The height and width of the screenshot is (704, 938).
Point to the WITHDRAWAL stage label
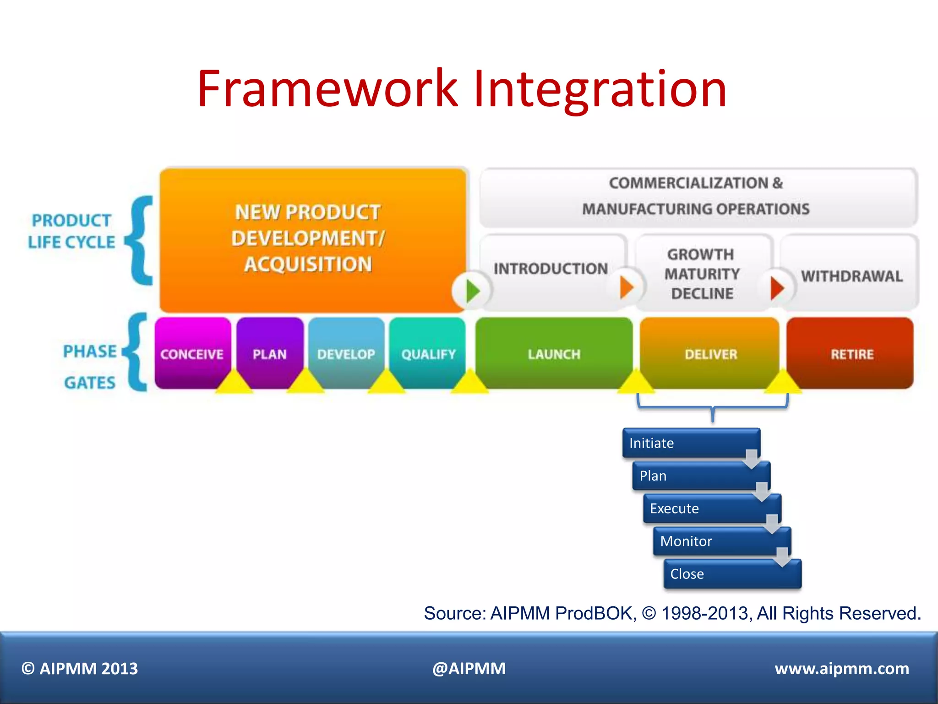[851, 276]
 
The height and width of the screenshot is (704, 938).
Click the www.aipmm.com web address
[841, 669]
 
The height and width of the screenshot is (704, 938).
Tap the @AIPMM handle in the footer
[469, 669]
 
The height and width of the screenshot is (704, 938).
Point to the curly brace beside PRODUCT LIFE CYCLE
[140, 241]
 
